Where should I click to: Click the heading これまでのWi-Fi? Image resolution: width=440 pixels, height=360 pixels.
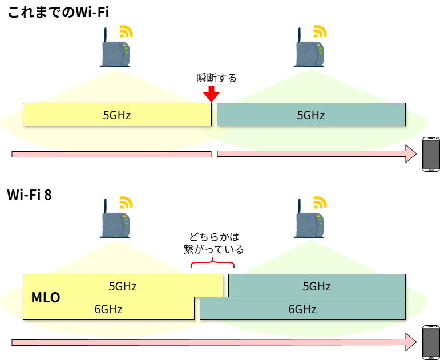tap(58, 13)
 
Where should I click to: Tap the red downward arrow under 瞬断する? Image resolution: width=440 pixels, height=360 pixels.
tap(211, 94)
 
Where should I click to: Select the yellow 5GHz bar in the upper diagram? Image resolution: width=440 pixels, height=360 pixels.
tap(117, 115)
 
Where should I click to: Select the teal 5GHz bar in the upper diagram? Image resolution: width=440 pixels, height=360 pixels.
tap(311, 115)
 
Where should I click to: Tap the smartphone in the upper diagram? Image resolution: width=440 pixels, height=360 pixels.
tap(430, 154)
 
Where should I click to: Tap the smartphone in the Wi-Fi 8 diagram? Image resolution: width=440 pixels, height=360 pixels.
tap(430, 342)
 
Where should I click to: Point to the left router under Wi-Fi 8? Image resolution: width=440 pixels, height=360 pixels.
tap(116, 220)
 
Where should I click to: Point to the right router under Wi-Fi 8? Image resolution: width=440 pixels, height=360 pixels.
tap(310, 220)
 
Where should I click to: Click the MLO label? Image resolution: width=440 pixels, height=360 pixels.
tap(46, 297)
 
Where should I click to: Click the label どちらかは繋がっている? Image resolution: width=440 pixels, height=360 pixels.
tap(213, 244)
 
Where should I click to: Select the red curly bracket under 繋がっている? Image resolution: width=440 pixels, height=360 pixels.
tap(213, 263)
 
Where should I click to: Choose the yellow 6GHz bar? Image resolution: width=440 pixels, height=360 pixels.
tap(108, 309)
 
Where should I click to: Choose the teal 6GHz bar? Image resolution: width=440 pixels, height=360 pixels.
tap(302, 309)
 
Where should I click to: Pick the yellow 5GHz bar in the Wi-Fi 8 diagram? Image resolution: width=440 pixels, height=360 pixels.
tap(123, 285)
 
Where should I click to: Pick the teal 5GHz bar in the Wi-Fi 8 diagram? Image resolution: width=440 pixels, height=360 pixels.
tap(317, 285)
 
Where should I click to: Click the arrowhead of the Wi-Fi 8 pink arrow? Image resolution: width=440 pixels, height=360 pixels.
tap(411, 342)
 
